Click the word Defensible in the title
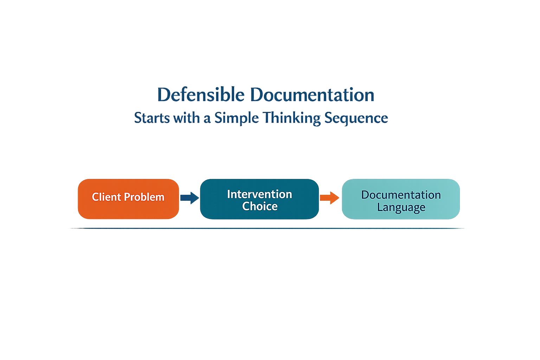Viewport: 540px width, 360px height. (201, 95)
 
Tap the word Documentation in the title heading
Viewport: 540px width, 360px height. (312, 95)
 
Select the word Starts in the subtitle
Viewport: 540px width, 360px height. (152, 118)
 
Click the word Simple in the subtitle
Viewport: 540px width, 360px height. (237, 118)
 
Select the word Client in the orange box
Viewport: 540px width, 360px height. (106, 197)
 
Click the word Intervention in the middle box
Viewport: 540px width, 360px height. (259, 194)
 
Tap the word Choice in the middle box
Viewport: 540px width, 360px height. (260, 206)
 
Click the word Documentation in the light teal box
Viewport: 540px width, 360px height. (401, 195)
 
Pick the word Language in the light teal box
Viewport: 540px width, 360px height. (401, 207)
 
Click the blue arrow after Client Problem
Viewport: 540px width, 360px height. (189, 198)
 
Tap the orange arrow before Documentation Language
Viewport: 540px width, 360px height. (329, 198)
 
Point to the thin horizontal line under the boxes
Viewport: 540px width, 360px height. (267, 229)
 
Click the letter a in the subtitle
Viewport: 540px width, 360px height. (207, 119)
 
